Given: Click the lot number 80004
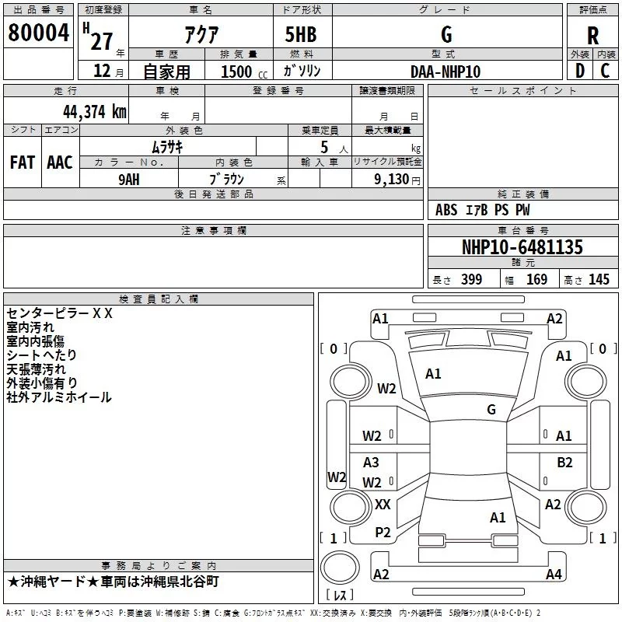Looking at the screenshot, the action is [38, 33].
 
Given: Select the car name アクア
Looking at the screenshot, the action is [201, 34].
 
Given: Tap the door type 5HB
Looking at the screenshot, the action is [301, 34].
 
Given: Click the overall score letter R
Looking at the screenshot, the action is [592, 36].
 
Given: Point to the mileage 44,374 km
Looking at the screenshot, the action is [95, 112].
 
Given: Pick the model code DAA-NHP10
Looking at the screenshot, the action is [446, 72].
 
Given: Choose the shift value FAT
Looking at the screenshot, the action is [23, 162].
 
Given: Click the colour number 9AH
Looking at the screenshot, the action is [129, 180].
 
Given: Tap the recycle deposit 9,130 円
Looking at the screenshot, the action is [397, 180].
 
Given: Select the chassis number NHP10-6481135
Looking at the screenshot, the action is [522, 247].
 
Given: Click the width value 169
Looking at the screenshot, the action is [536, 279].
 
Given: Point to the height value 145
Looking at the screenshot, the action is [599, 279].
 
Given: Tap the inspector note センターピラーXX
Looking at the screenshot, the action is [60, 313].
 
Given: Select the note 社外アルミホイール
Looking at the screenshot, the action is [59, 397].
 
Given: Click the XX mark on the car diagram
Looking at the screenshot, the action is [383, 505].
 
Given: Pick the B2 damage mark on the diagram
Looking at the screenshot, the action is [564, 463].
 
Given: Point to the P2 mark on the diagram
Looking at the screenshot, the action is [383, 533].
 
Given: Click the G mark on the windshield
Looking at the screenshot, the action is [491, 410].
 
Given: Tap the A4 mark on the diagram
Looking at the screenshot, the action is [554, 574].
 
